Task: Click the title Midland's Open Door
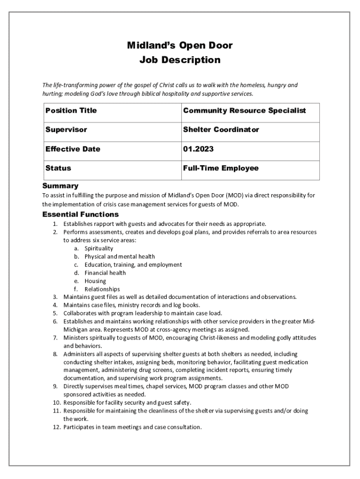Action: pos(180,45)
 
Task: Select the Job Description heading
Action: pos(180,60)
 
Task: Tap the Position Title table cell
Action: pos(71,110)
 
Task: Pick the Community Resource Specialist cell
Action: pos(245,110)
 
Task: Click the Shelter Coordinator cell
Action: pos(221,130)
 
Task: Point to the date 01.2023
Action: pos(199,149)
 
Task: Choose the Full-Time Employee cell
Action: pos(221,168)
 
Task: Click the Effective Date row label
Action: pos(72,149)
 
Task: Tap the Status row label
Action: pos(58,168)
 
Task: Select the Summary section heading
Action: pos(60,186)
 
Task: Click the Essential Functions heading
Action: pos(80,215)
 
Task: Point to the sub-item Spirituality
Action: pos(99,248)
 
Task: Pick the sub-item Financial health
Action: pos(105,273)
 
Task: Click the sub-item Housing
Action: pos(95,281)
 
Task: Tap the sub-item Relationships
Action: pos(102,289)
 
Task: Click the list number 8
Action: pos(55,354)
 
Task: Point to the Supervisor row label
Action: pos(66,130)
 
